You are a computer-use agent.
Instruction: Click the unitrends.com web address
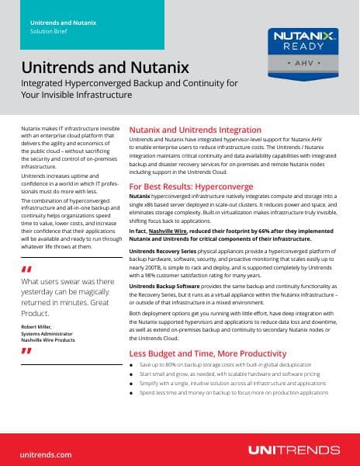click(x=46, y=453)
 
